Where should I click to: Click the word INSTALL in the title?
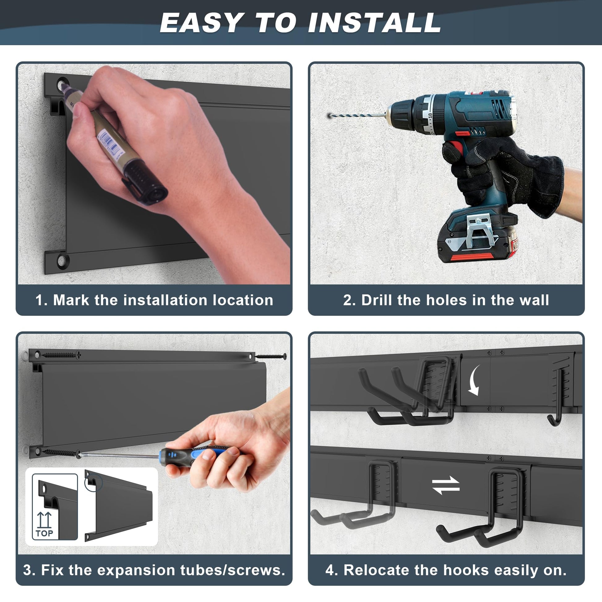pos(374,23)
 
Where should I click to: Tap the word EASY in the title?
pos(201,23)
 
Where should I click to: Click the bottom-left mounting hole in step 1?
pos(62,260)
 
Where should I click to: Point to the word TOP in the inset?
pos(44,533)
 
